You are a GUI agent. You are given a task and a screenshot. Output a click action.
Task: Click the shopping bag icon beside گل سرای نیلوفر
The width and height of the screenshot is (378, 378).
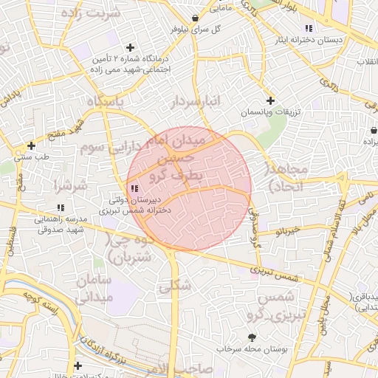[x=194, y=18]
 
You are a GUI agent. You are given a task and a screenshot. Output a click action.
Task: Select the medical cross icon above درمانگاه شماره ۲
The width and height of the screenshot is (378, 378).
[x=130, y=47]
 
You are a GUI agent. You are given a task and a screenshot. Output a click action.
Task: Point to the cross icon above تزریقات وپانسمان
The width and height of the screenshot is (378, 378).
[x=270, y=100]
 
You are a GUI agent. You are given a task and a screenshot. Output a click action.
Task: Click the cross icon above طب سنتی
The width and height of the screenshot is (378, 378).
[x=31, y=145]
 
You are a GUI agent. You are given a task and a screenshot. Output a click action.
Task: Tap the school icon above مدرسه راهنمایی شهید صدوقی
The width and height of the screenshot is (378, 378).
[x=61, y=209]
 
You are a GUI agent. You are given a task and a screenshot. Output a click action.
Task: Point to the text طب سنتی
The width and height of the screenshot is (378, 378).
[x=32, y=157]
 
